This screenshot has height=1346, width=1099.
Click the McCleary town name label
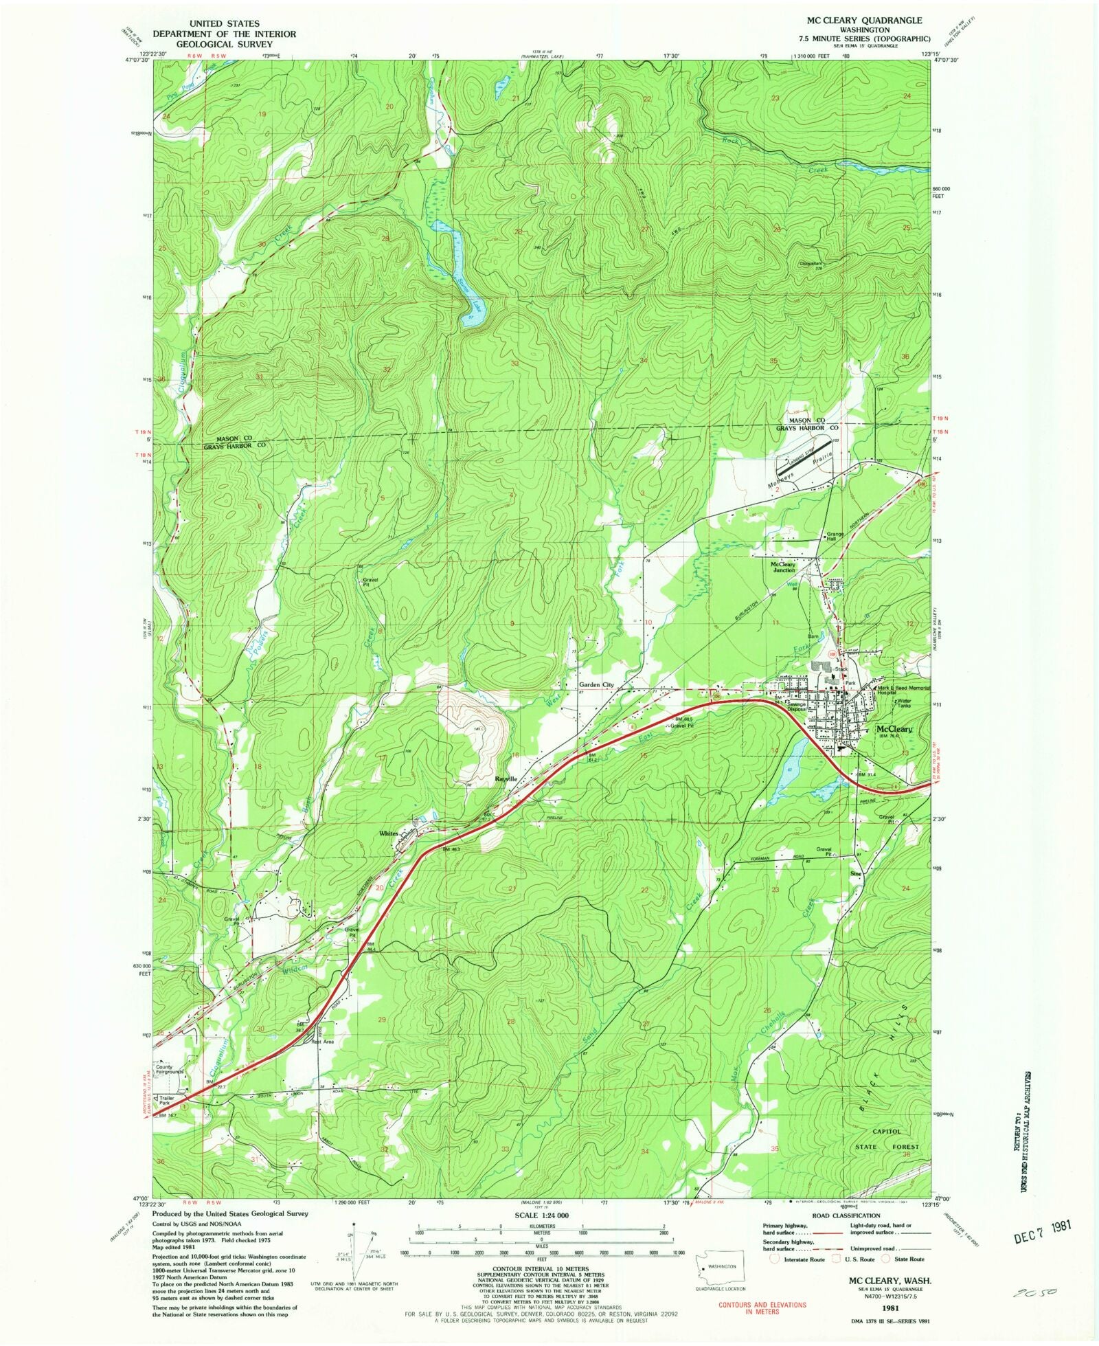[x=894, y=729]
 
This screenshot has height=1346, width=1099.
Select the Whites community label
[x=389, y=833]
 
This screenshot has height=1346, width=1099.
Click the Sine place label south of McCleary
[x=856, y=874]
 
